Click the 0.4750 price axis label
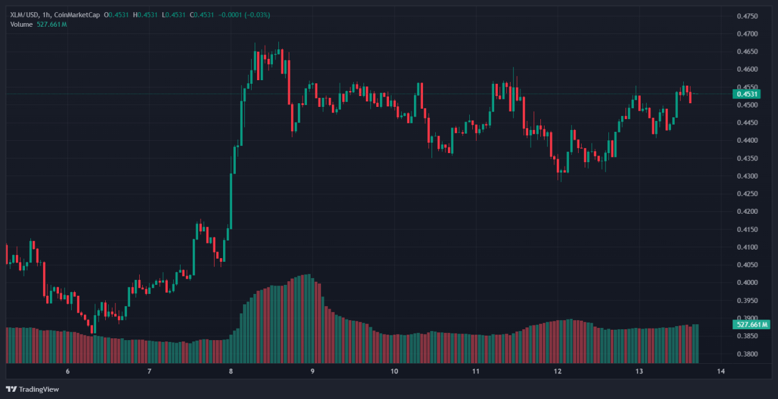click(x=746, y=16)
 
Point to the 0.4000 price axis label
click(x=746, y=283)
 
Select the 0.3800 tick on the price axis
click(x=746, y=354)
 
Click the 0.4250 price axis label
click(x=746, y=194)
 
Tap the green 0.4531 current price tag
click(x=746, y=94)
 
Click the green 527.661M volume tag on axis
click(x=752, y=325)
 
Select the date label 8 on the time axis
click(x=231, y=371)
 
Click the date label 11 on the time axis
click(x=476, y=371)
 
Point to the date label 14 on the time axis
click(x=721, y=371)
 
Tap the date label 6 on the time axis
click(x=67, y=371)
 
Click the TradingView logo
click(x=33, y=389)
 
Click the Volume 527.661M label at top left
click(x=38, y=24)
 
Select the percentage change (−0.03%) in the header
click(x=258, y=15)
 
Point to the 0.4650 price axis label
click(x=746, y=52)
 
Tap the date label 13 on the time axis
click(x=639, y=371)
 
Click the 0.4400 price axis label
click(x=746, y=141)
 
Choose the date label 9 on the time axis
click(x=312, y=371)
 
